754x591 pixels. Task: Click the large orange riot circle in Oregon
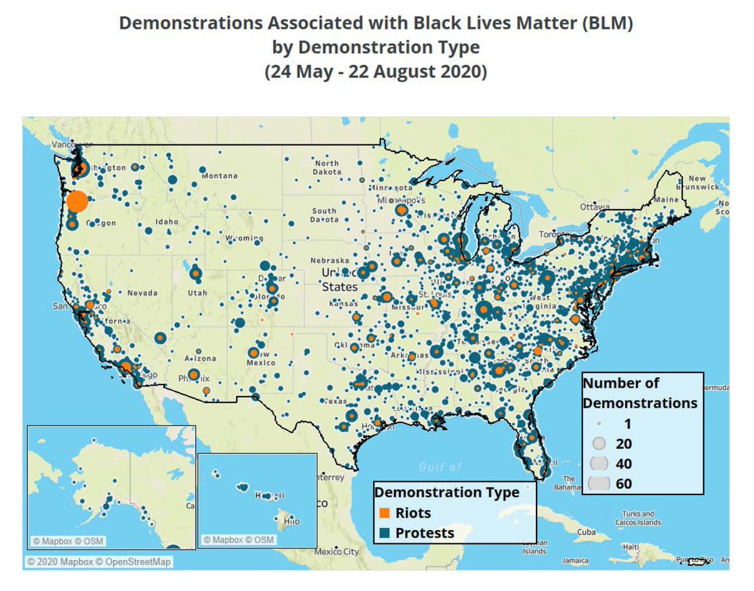[76, 202]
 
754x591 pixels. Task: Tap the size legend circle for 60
[600, 484]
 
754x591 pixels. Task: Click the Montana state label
[219, 176]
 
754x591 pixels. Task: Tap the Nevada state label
[142, 293]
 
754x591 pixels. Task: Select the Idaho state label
[167, 223]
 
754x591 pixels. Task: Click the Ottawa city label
[592, 207]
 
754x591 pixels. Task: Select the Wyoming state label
[244, 239]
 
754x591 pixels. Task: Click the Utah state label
[197, 293]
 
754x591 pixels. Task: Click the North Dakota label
[327, 168]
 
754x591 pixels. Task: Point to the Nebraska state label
[330, 261]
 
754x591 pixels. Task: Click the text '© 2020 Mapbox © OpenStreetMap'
[99, 562]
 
